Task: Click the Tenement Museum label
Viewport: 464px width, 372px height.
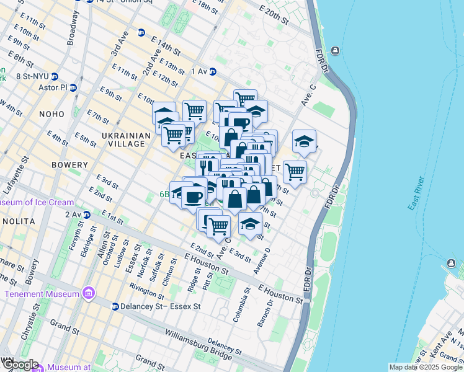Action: tap(40, 293)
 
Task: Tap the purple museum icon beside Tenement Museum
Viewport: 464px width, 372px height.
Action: tap(89, 293)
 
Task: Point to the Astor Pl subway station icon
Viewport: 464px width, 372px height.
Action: tap(73, 88)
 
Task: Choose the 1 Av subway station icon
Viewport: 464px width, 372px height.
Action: tap(213, 72)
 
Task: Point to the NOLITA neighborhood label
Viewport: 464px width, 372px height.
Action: tap(18, 221)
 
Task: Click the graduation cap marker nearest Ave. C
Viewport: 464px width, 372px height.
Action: tap(304, 141)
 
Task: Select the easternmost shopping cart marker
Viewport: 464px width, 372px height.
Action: tap(295, 170)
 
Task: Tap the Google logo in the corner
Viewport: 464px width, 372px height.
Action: tap(20, 365)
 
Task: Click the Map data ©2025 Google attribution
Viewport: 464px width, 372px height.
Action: tap(426, 367)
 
